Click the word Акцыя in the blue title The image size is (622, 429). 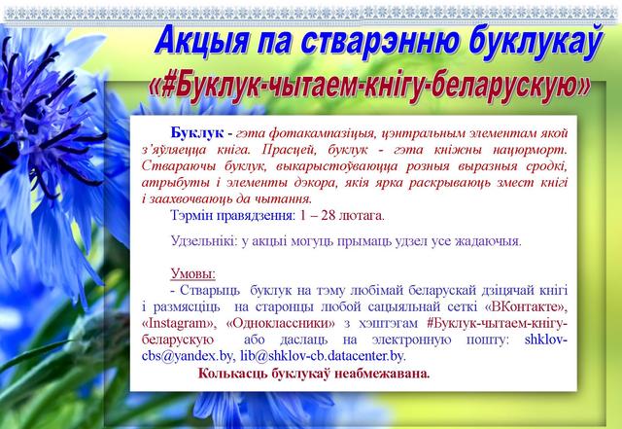coord(202,41)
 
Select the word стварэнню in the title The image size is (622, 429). coord(380,42)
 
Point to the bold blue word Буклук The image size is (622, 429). coord(197,132)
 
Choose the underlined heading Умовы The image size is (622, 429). coord(193,273)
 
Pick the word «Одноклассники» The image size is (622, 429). coord(281,323)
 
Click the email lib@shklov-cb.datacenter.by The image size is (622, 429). coord(323,356)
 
